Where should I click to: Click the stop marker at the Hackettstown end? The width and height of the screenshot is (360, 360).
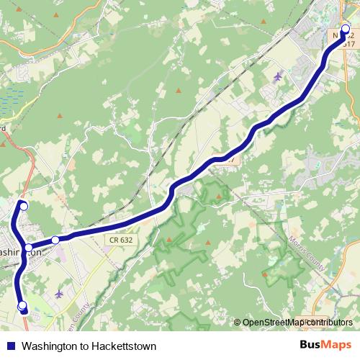(345, 30)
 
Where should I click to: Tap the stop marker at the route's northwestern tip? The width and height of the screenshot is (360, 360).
(23, 207)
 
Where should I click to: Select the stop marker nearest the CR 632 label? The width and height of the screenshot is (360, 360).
(55, 240)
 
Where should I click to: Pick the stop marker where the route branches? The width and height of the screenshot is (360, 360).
(28, 248)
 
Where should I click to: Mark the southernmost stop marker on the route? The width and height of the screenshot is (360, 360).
(22, 306)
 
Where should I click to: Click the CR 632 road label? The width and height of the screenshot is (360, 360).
(122, 240)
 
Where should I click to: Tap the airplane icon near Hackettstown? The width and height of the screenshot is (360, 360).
(279, 75)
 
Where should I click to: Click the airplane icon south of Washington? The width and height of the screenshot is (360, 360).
(58, 294)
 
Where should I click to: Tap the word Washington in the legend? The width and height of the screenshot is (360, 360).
(50, 346)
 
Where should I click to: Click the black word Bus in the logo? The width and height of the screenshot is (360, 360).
(310, 345)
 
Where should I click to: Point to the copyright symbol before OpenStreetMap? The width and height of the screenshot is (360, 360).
(238, 323)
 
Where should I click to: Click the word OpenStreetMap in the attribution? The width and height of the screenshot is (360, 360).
(271, 323)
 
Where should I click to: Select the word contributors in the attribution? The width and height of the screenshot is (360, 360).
(328, 323)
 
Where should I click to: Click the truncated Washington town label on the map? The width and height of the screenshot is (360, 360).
(22, 254)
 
